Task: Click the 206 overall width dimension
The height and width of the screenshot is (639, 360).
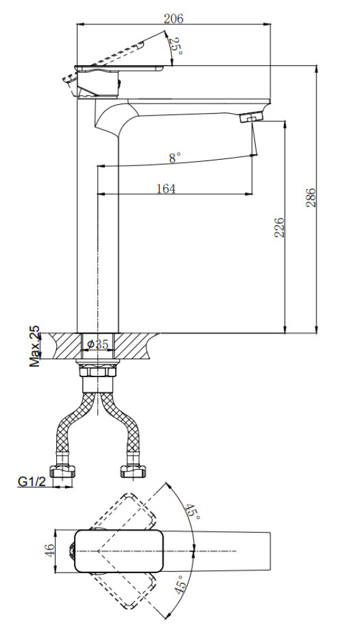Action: (x=174, y=19)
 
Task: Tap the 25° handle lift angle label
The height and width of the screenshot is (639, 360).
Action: (x=176, y=47)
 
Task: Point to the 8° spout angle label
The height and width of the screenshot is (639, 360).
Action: (x=175, y=158)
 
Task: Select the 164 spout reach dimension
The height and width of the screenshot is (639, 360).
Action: (x=166, y=189)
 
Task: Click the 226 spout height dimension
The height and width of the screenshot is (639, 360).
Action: (x=279, y=227)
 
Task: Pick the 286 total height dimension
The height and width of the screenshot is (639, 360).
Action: (x=311, y=197)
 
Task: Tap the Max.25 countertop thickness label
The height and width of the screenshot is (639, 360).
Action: (x=35, y=346)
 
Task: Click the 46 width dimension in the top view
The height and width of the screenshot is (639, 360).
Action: (x=49, y=551)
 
